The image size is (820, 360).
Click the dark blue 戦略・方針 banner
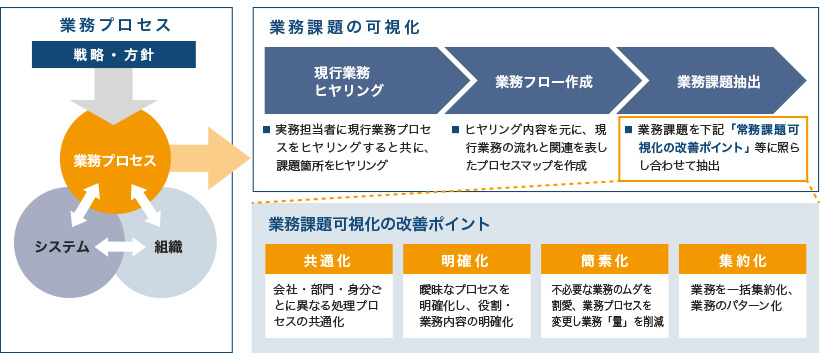pos(113,54)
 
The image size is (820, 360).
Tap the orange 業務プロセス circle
pos(115,160)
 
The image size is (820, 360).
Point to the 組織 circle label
pos(168,248)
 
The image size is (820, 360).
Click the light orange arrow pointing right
pos(210,159)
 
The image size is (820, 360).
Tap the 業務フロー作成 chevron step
pos(544,81)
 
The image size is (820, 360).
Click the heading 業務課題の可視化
pos(345,28)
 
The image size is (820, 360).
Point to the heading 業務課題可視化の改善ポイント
pos(379,224)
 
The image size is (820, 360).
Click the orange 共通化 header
pos(328,259)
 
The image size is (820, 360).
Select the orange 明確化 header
pos(466,259)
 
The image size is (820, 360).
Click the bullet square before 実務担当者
pos(267,129)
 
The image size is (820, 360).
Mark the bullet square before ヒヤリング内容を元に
pos(455,129)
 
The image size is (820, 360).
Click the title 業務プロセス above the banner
pos(115,25)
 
